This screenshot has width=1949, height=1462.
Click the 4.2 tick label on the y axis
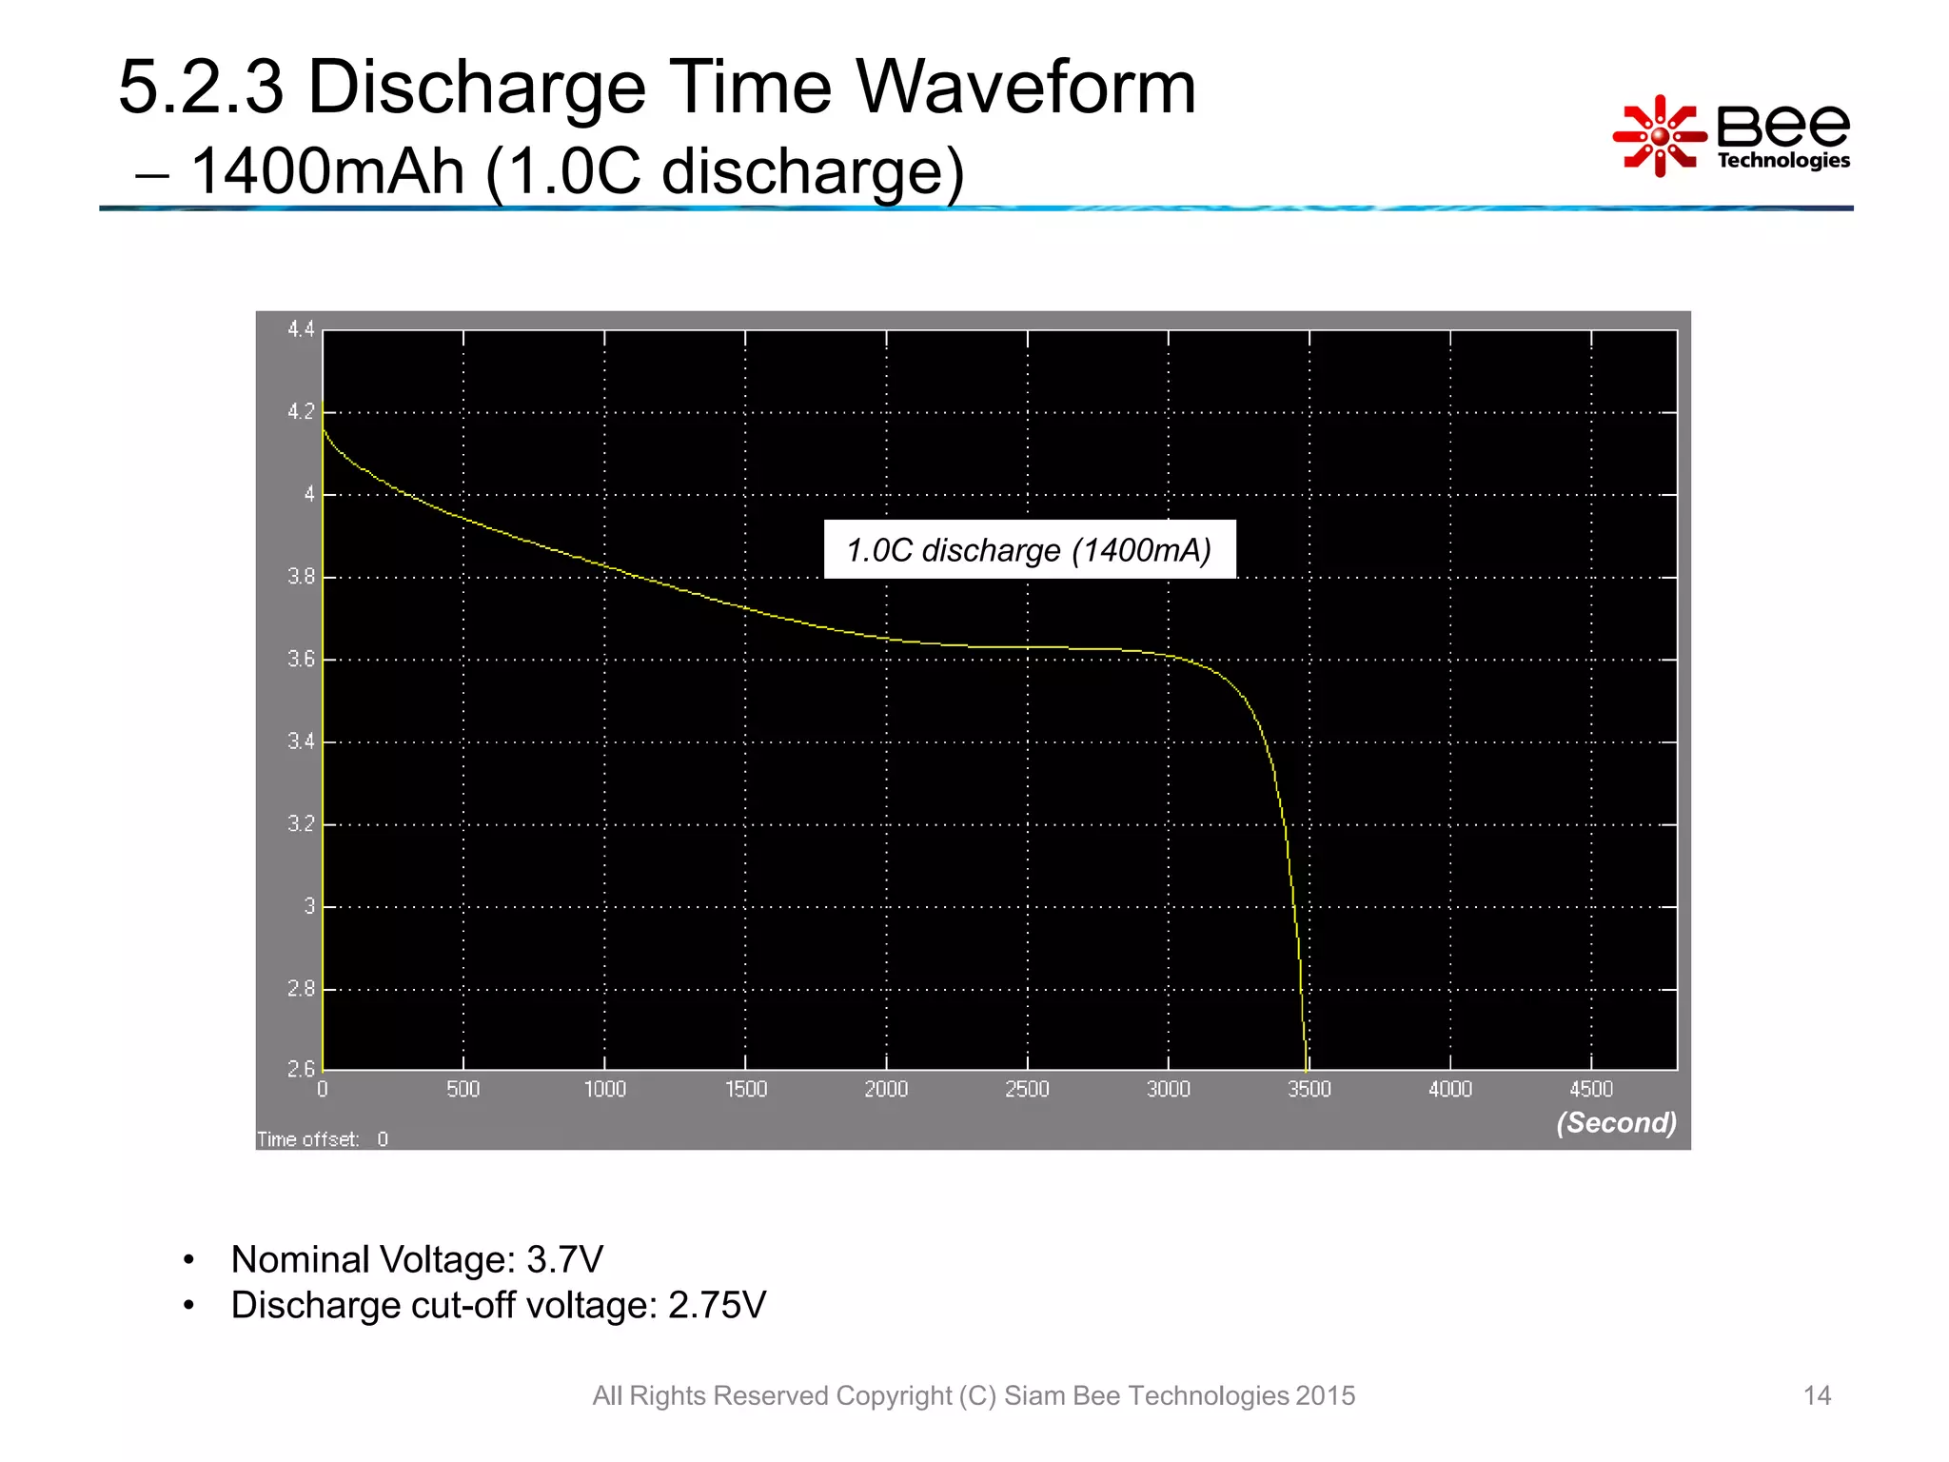point(301,412)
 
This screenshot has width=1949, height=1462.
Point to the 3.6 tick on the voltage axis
point(301,659)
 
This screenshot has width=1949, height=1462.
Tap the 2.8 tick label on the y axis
point(301,989)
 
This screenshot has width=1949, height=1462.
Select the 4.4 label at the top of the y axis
point(301,329)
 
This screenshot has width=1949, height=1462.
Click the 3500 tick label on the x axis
point(1309,1089)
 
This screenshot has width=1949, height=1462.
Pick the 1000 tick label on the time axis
point(604,1089)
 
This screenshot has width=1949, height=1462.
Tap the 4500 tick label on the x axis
point(1590,1089)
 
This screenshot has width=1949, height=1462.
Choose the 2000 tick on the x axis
point(886,1089)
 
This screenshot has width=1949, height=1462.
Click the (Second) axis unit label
point(1616,1123)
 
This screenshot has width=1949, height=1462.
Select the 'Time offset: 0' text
point(323,1139)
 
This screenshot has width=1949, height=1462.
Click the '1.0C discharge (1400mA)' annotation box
point(1029,549)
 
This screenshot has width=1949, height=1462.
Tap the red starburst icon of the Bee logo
point(1658,136)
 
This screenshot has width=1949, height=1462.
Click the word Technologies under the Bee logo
point(1783,160)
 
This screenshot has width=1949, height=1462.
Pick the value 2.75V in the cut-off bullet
point(717,1305)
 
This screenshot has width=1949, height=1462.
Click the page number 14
point(1817,1395)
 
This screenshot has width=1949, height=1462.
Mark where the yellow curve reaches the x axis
point(1306,1068)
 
